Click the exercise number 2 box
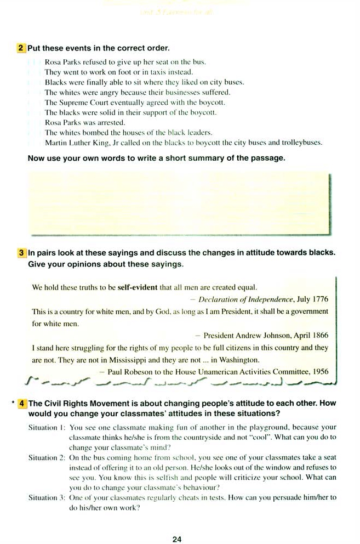(x=21, y=48)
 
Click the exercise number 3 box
(x=21, y=253)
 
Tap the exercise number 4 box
(x=22, y=403)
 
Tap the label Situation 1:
(x=47, y=427)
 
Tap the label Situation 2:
(x=47, y=457)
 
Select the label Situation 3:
(x=47, y=497)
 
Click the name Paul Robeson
(x=129, y=371)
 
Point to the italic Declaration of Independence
(x=246, y=299)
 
